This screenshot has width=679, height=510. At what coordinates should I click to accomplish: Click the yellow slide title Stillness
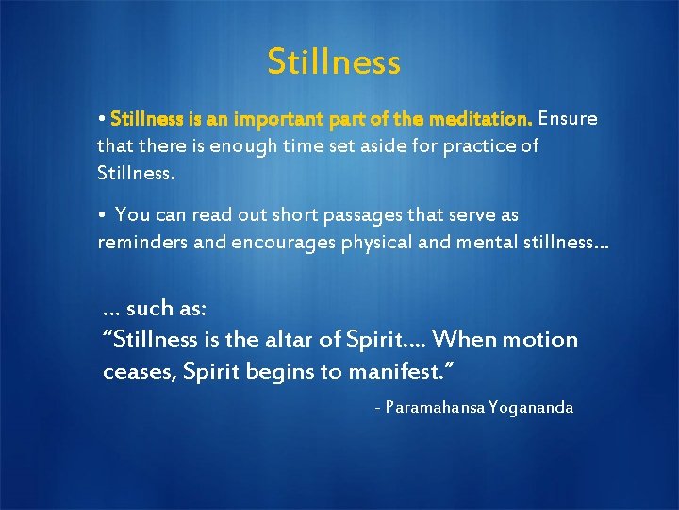click(334, 62)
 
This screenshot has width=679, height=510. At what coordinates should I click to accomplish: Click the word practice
click(480, 147)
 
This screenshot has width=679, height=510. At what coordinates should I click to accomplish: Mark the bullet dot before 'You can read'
click(101, 216)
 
